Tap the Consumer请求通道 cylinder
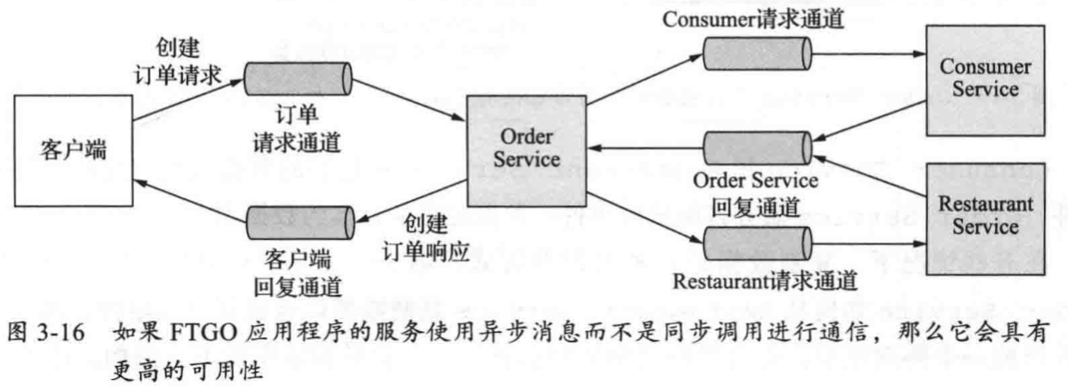coord(755,53)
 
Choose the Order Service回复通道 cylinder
coord(755,150)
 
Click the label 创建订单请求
coord(181,59)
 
